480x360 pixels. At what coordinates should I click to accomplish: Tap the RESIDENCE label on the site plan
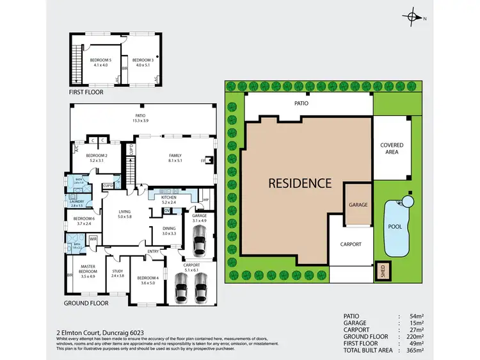pyautogui.click(x=300, y=183)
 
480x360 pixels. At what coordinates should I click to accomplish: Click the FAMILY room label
pyautogui.click(x=174, y=157)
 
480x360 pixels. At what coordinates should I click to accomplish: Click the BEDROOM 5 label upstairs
pyautogui.click(x=99, y=61)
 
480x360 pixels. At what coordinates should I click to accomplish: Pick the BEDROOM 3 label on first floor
pyautogui.click(x=142, y=61)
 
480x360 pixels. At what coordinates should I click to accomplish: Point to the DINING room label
pyautogui.click(x=169, y=231)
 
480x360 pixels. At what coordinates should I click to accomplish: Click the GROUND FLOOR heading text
pyautogui.click(x=86, y=302)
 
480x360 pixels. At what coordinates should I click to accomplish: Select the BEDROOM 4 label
pyautogui.click(x=147, y=279)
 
